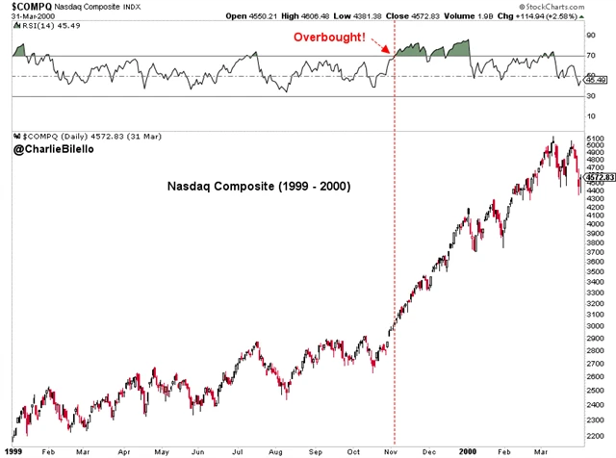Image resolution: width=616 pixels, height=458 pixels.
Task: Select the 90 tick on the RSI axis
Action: point(591,36)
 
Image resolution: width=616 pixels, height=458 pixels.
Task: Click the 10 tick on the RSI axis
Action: point(591,116)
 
